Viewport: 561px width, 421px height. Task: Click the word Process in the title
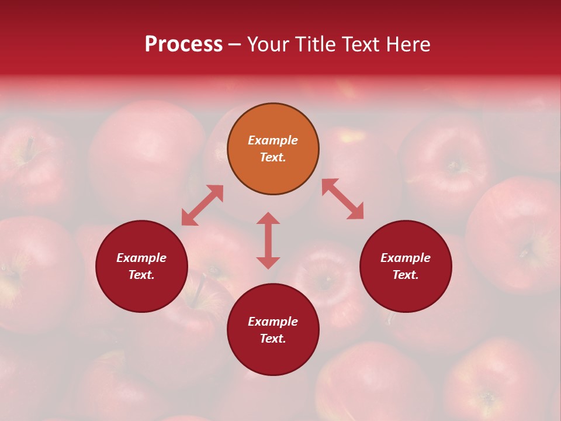183,44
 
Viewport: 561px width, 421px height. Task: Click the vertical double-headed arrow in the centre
268,240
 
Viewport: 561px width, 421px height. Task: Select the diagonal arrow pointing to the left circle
202,205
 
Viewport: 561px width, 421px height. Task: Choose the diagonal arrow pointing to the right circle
342,199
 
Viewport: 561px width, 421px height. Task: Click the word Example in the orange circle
273,140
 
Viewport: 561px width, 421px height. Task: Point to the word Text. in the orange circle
273,157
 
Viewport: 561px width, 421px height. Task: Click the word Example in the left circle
141,258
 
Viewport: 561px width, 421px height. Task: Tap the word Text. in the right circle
406,275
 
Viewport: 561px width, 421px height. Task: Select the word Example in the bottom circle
273,322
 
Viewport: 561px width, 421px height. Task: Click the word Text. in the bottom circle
273,339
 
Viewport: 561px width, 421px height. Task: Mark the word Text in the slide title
359,44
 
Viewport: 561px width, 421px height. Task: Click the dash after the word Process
234,45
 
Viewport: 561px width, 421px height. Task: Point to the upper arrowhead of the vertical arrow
268,218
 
